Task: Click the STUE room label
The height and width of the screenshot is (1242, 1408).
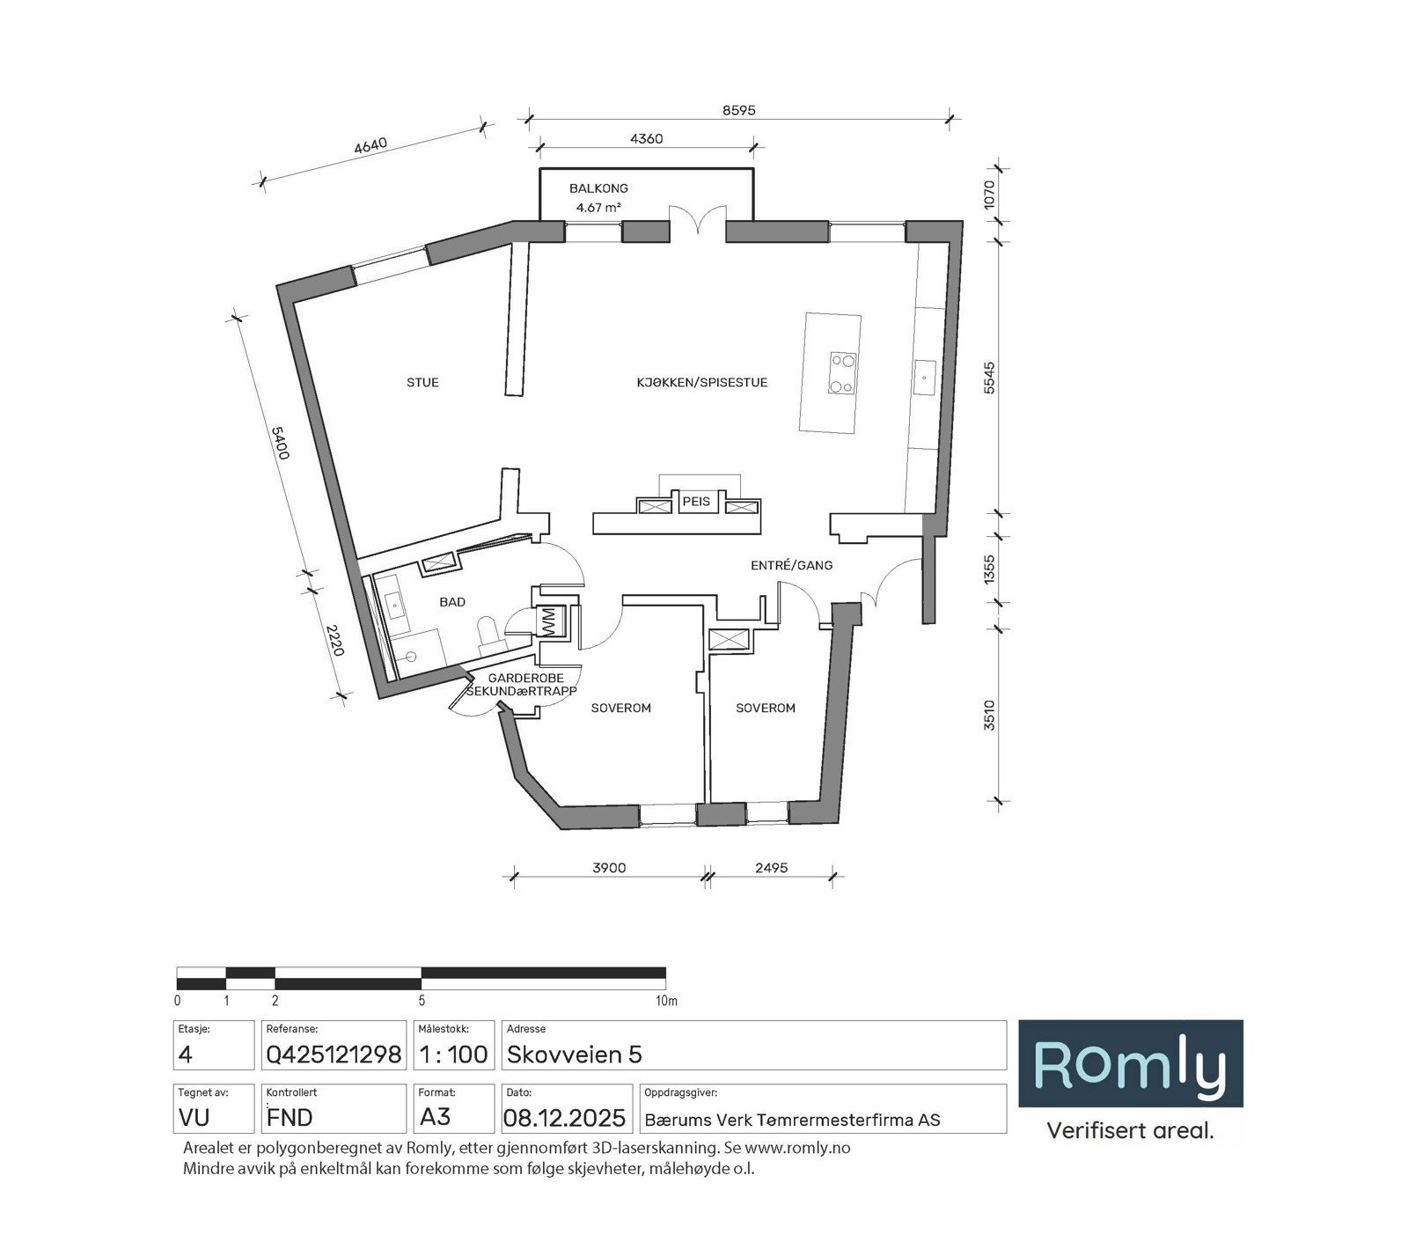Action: [x=422, y=382]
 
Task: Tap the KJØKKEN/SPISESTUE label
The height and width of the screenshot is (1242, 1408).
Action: [x=701, y=382]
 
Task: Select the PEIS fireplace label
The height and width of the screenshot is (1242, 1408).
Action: [x=696, y=502]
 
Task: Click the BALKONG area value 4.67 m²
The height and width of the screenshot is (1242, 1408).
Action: [x=598, y=208]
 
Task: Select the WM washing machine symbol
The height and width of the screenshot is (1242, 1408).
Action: [x=549, y=621]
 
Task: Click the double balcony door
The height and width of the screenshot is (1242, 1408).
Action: [x=698, y=221]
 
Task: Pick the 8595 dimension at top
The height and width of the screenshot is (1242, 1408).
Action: [x=739, y=111]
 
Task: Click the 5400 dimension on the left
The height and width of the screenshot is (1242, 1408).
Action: [x=279, y=443]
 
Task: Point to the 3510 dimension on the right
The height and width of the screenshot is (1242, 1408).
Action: [x=989, y=715]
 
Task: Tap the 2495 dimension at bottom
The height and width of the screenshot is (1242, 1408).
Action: [x=771, y=868]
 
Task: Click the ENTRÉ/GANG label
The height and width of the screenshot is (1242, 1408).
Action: [x=791, y=565]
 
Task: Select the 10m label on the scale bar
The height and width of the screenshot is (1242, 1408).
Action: [x=666, y=1001]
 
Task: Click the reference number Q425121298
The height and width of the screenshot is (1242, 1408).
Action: [x=334, y=1054]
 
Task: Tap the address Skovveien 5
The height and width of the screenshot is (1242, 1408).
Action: [x=574, y=1054]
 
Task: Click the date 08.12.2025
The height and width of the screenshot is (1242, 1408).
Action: [x=564, y=1118]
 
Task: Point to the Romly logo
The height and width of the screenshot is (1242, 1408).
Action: [x=1130, y=1063]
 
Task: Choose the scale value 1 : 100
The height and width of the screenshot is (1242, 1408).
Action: [x=453, y=1054]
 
